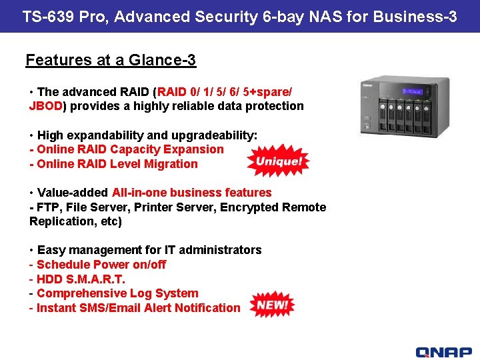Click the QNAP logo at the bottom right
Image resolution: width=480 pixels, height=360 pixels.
pyautogui.click(x=443, y=352)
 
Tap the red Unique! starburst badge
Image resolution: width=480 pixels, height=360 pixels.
pyautogui.click(x=278, y=161)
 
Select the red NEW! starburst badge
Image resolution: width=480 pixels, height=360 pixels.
pyautogui.click(x=271, y=305)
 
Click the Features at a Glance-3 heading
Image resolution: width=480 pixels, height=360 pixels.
pyautogui.click(x=111, y=60)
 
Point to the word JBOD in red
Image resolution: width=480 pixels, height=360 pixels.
pyautogui.click(x=45, y=106)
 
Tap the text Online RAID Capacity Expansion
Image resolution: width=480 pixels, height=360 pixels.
pyautogui.click(x=130, y=149)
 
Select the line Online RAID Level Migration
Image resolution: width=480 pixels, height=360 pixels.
pyautogui.click(x=117, y=164)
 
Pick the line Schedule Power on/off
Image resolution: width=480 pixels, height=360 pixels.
pyautogui.click(x=101, y=264)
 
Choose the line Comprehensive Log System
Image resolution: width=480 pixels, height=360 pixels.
pyautogui.click(x=117, y=293)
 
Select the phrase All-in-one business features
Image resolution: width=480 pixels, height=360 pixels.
pyautogui.click(x=192, y=193)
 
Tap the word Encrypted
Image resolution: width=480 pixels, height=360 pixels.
pyautogui.click(x=247, y=207)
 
